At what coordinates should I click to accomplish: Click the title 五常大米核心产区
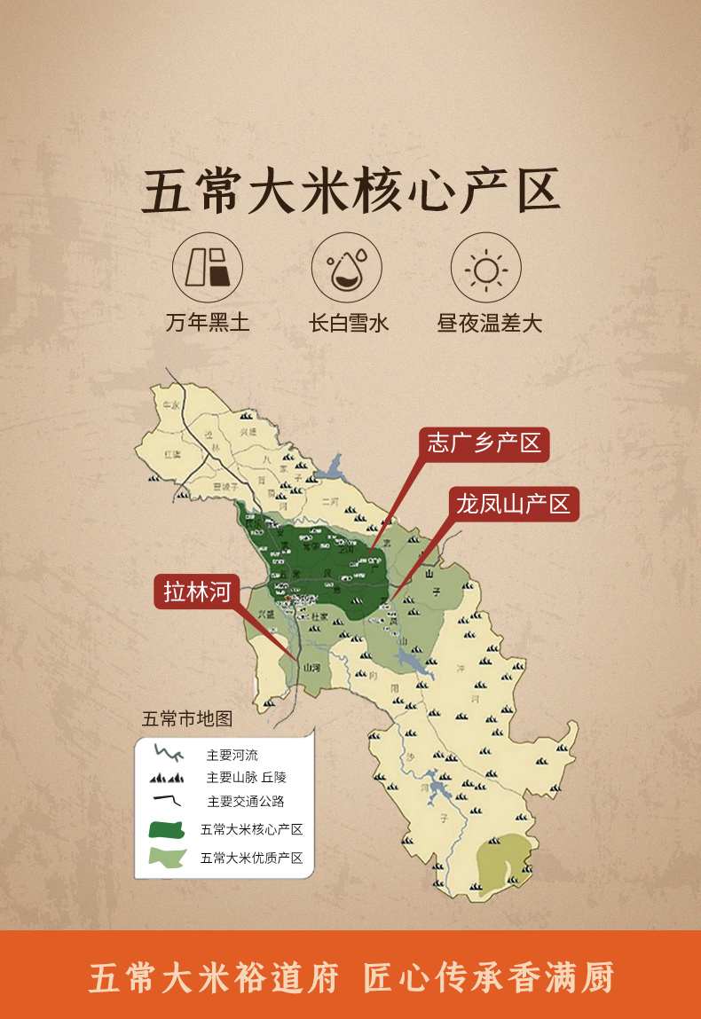tap(350, 190)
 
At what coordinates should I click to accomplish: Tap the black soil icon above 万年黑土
tap(207, 267)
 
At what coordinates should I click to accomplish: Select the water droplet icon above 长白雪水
tap(346, 267)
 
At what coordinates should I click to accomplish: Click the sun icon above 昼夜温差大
tap(485, 267)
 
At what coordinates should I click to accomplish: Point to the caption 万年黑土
tap(207, 323)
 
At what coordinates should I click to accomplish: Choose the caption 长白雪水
tap(348, 323)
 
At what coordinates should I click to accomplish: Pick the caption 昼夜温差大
tap(489, 323)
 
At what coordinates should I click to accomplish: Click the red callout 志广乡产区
tap(484, 443)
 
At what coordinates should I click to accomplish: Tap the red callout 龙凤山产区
tap(513, 505)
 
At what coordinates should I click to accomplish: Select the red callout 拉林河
tap(197, 591)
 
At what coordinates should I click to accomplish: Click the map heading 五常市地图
tap(186, 718)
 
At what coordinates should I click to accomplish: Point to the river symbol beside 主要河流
tap(168, 755)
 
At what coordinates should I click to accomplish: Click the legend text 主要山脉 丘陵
tap(247, 778)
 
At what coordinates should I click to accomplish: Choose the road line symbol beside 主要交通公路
tap(168, 801)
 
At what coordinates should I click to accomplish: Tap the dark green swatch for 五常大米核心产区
tap(168, 829)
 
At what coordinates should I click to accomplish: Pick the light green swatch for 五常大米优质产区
tap(168, 858)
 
